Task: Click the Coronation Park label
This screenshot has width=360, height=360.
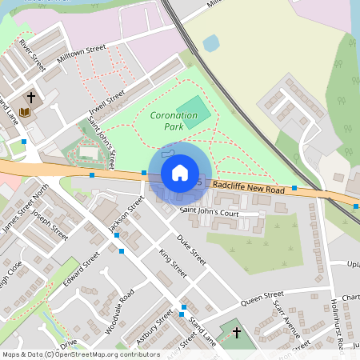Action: coord(173,121)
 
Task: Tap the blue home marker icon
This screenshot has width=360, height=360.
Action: coord(180,172)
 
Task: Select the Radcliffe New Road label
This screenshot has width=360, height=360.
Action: coord(250,187)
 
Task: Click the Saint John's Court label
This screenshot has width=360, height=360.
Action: coord(209,213)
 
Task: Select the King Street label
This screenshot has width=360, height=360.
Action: coord(172,263)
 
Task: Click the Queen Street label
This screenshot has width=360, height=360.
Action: coord(262,298)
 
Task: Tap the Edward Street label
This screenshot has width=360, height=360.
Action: coord(82,267)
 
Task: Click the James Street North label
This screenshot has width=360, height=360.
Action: coord(25,207)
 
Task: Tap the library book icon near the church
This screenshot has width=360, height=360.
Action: coord(24,112)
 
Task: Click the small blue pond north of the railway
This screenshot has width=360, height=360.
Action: coord(211,42)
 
